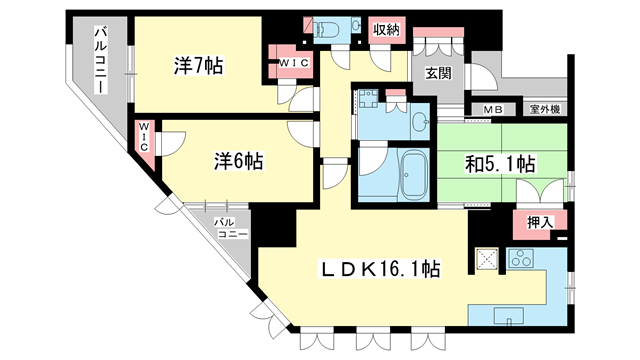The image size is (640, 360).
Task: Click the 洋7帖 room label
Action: pyautogui.click(x=198, y=66)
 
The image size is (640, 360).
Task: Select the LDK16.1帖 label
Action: pyautogui.click(x=379, y=268)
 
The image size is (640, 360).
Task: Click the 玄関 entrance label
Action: pyautogui.click(x=437, y=73)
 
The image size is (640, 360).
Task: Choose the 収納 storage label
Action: pyautogui.click(x=387, y=30)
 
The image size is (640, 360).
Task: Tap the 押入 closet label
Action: pyautogui.click(x=540, y=222)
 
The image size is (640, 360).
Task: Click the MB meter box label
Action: pyautogui.click(x=494, y=109)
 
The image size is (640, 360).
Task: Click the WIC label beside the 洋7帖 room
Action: pyautogui.click(x=292, y=65)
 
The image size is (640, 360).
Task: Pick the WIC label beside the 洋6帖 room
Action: pyautogui.click(x=145, y=136)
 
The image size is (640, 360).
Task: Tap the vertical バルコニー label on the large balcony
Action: pyautogui.click(x=101, y=60)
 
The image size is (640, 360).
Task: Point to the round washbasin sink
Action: pyautogui.click(x=418, y=121)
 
